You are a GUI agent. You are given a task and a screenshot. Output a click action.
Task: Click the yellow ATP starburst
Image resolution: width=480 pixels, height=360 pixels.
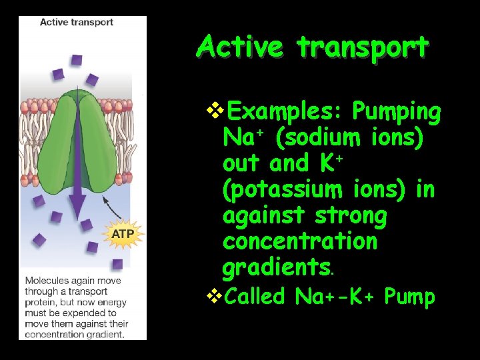click(x=123, y=233)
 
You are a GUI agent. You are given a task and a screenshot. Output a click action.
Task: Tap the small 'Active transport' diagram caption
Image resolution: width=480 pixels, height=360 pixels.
click(x=76, y=22)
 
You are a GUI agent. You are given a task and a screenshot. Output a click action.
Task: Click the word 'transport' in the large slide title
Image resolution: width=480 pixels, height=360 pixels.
click(x=362, y=47)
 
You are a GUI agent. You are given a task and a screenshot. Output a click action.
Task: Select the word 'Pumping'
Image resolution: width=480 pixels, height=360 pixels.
click(x=397, y=111)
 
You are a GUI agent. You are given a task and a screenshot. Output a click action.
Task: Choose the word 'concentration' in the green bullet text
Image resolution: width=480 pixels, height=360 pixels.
click(x=299, y=241)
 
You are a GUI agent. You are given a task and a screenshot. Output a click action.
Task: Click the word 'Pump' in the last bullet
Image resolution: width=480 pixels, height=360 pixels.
click(x=409, y=295)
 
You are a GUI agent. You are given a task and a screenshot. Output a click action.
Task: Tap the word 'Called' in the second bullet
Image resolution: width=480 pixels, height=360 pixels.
click(x=255, y=295)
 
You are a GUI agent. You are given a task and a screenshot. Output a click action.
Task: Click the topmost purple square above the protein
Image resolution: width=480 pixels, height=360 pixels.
click(x=76, y=60)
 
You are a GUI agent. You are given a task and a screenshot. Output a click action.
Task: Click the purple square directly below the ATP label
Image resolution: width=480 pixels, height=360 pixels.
click(x=117, y=264)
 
